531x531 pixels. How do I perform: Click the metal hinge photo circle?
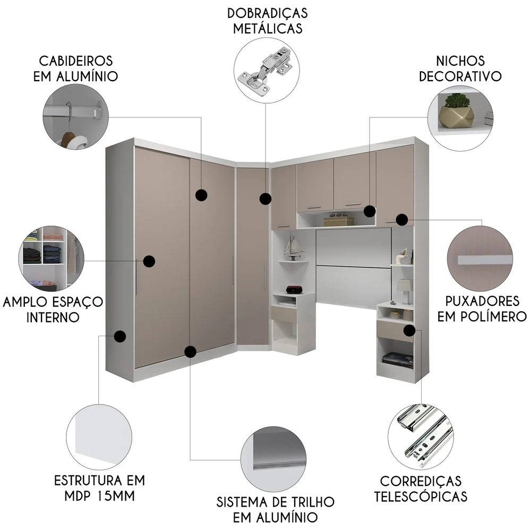click(x=267, y=70)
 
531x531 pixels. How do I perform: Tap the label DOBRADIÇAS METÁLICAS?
click(x=268, y=20)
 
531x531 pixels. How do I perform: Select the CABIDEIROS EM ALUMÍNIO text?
click(x=75, y=68)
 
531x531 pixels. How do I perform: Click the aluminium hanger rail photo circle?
click(x=76, y=116)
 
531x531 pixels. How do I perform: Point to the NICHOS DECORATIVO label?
click(x=460, y=68)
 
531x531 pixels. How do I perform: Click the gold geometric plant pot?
click(x=456, y=111)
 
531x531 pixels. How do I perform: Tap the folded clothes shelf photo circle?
click(x=51, y=258)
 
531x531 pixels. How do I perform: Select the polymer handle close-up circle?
click(x=479, y=259)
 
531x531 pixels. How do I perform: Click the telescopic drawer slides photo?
click(x=421, y=435)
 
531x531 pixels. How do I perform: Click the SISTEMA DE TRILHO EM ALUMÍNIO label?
click(x=275, y=509)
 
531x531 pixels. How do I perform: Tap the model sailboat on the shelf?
click(x=293, y=246)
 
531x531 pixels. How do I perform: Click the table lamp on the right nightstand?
click(x=404, y=290)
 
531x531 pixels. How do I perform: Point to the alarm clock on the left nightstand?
click(x=294, y=289)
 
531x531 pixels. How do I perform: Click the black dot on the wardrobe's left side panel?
click(x=120, y=336)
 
